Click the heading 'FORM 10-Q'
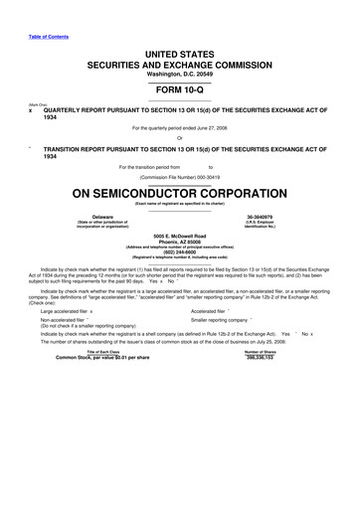click(180, 85)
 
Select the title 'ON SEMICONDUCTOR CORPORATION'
click(180, 191)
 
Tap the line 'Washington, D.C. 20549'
click(180, 73)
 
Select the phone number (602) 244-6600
click(180, 252)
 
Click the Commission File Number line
click(180, 176)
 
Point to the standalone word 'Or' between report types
click(180, 138)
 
